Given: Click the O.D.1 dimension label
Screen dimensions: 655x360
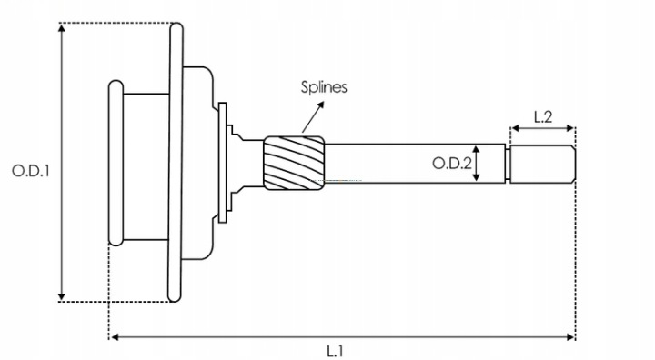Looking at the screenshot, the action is [31, 170].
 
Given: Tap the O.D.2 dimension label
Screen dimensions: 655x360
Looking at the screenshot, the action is [451, 164].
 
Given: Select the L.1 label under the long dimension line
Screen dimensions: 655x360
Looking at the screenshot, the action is [335, 351].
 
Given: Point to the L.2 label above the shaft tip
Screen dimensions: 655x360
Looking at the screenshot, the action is [543, 117].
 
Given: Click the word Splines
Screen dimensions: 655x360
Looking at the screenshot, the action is [324, 87].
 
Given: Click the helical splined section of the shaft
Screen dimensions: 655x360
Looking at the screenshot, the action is [294, 164].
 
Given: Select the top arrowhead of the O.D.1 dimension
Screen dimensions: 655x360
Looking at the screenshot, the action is [62, 28].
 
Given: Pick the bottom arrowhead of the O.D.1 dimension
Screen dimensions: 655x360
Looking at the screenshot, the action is [62, 297].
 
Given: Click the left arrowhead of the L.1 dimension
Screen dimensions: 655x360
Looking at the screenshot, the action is [115, 336].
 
